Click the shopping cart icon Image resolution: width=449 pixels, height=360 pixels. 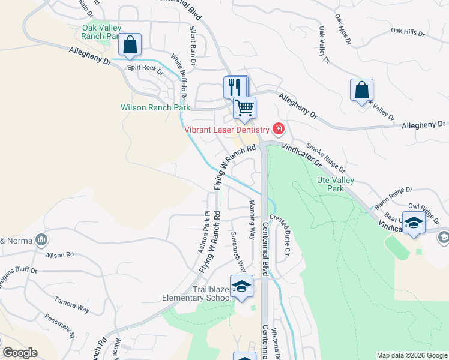(x=244, y=108)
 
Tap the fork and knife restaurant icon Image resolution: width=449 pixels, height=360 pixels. (x=235, y=86)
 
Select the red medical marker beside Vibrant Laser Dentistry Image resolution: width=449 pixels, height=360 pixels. (x=278, y=128)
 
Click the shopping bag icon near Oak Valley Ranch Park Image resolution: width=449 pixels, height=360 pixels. (x=130, y=44)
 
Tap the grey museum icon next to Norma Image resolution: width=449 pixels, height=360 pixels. (x=41, y=241)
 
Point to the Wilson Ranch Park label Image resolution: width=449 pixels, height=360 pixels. (x=155, y=108)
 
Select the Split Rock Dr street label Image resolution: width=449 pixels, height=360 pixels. (x=145, y=68)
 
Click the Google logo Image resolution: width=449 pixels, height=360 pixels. (x=20, y=353)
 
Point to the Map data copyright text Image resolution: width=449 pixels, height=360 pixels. (x=412, y=355)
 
